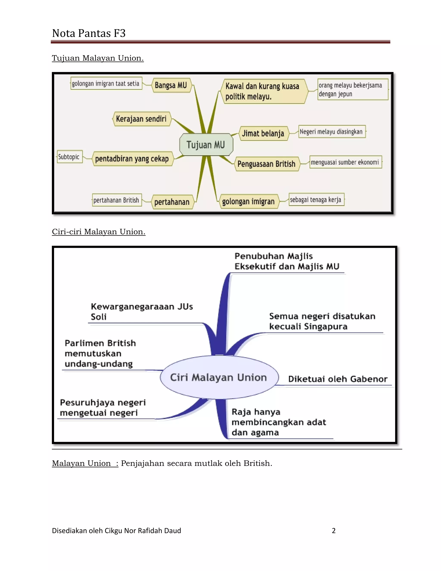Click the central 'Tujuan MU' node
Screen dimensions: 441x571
pos(206,145)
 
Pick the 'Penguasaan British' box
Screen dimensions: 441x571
pos(267,164)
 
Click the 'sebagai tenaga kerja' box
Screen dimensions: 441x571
pos(316,200)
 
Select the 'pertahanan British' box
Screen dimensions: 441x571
pos(117,200)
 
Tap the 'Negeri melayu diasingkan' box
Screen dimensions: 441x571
pos(332,131)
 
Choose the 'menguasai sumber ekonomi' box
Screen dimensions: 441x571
pos(346,162)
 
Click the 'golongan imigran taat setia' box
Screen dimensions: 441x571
pos(106,83)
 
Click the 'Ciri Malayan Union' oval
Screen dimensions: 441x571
pos(219,377)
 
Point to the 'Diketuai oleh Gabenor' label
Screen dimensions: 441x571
pos(338,379)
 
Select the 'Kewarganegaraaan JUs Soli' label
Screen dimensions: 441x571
pos(142,312)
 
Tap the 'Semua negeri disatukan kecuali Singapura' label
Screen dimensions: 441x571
pos(322,321)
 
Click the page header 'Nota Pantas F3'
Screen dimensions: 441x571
pos(89,33)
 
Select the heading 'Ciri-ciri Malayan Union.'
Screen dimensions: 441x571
pos(98,232)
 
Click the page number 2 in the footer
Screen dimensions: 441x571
pos(334,530)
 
